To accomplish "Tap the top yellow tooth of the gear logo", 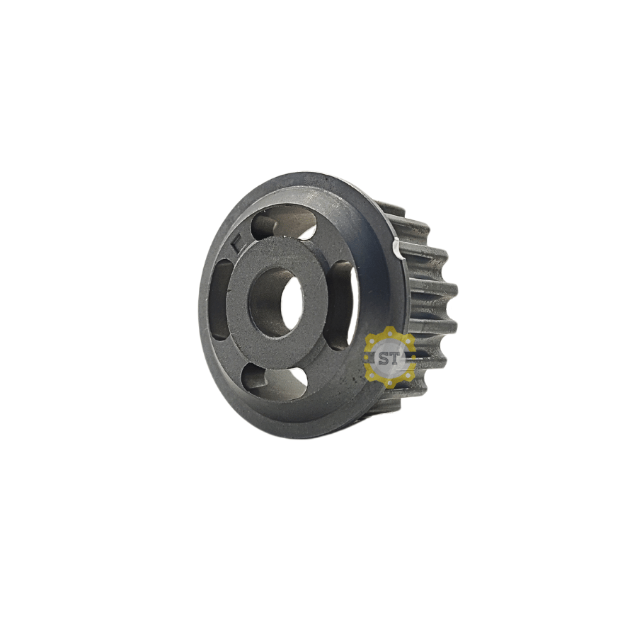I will pyautogui.click(x=389, y=331).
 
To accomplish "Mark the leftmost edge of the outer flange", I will pyautogui.click(x=200, y=311).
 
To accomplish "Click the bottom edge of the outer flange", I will pyautogui.click(x=297, y=435).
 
